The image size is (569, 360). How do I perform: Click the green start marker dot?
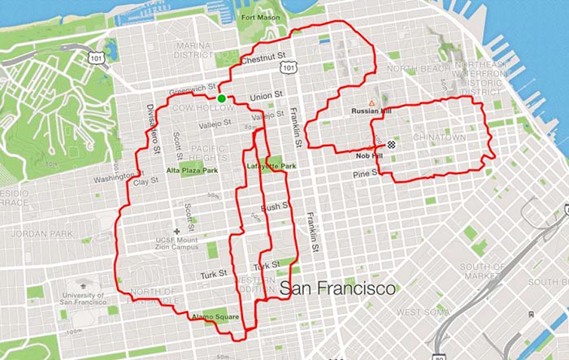coord(221,99)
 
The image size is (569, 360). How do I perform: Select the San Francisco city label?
coord(337,288)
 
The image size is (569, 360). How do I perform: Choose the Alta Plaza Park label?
coord(193,171)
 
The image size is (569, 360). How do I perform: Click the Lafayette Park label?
coord(271,167)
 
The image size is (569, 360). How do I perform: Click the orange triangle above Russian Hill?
coord(371,103)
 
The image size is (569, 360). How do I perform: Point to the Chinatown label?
coord(440,138)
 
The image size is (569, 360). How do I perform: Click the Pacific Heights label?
coord(208,152)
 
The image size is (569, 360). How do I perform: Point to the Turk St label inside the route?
coord(266,267)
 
